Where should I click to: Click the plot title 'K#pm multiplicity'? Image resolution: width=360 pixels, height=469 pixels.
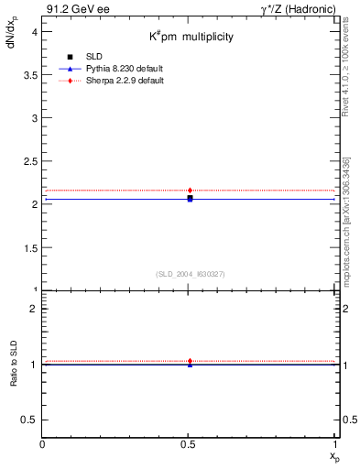click(191, 37)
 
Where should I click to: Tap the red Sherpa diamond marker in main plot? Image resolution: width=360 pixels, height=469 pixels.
click(190, 191)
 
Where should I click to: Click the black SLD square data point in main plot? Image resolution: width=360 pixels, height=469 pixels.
click(190, 198)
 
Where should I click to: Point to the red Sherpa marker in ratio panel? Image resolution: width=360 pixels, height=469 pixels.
click(190, 361)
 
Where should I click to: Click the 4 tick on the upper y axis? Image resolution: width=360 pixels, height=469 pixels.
click(34, 31)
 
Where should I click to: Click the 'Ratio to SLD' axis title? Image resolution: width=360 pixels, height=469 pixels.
click(14, 365)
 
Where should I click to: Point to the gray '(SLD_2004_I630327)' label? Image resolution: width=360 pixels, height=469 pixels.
click(191, 274)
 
